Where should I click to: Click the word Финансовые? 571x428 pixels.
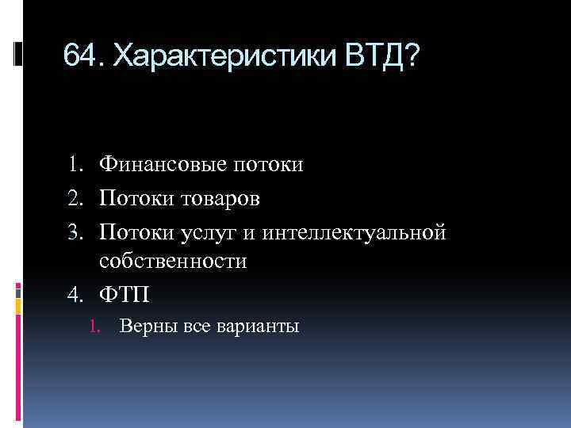coord(163,165)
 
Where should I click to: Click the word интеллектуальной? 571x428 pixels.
coord(356,233)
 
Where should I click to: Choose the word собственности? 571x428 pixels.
coord(174,262)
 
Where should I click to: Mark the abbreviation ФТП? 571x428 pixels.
coord(125,296)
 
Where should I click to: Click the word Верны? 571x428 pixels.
coord(147,326)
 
